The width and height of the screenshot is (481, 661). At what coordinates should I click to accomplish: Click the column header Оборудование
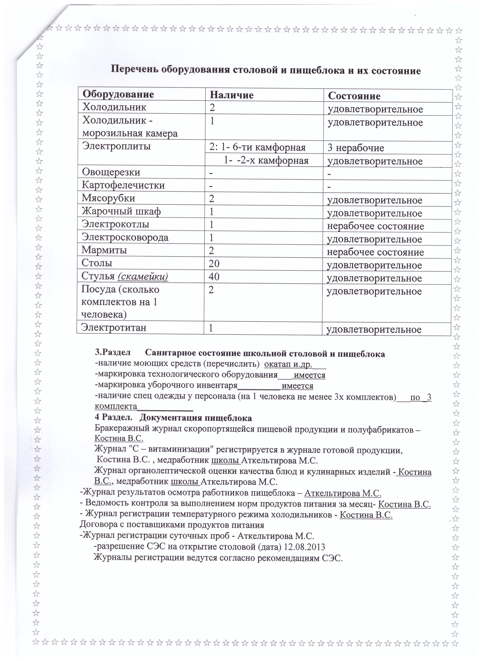tap(118, 94)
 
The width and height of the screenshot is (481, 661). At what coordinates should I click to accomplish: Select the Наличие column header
tap(232, 95)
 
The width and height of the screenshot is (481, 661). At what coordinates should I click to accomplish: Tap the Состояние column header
tap(354, 96)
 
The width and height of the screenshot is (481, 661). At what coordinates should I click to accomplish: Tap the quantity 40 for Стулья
tap(214, 276)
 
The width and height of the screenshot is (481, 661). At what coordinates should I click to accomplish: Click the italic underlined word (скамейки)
tap(143, 276)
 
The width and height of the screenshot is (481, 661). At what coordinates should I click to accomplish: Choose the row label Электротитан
tap(114, 328)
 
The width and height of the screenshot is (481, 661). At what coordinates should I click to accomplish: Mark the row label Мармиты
tap(104, 250)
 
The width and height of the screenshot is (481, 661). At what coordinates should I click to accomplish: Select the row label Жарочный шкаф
tap(121, 211)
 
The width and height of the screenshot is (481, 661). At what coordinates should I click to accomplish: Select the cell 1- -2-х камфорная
tap(266, 161)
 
